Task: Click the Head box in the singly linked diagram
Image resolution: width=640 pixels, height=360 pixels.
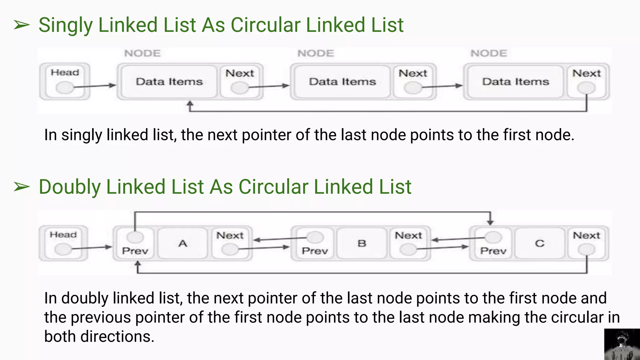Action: click(x=65, y=81)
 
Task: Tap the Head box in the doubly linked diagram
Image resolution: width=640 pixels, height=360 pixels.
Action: click(x=63, y=243)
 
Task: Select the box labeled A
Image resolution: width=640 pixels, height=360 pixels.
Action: click(x=183, y=243)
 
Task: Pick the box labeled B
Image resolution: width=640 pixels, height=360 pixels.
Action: click(x=362, y=243)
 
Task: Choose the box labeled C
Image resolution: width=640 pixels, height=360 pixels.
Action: click(x=540, y=243)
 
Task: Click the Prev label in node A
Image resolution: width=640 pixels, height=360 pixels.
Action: click(x=135, y=251)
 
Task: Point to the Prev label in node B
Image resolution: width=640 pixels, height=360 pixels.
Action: click(x=315, y=251)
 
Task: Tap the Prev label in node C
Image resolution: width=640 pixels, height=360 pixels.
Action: click(x=493, y=251)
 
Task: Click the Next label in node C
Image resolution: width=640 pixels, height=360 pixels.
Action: click(x=587, y=235)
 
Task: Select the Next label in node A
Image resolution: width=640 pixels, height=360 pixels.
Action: click(x=230, y=235)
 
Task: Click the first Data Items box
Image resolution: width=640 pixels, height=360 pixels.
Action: click(x=169, y=82)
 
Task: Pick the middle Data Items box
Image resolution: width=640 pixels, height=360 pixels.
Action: click(x=342, y=82)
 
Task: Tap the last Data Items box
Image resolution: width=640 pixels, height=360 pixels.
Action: click(x=516, y=82)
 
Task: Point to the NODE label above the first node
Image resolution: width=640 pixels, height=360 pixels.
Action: click(x=142, y=53)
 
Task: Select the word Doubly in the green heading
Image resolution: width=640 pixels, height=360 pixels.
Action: click(x=69, y=187)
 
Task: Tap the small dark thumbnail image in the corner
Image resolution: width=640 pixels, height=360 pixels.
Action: click(x=622, y=344)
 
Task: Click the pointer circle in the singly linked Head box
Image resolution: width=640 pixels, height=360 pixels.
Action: click(x=65, y=87)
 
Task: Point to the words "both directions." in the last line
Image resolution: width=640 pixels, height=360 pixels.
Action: click(x=99, y=337)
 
